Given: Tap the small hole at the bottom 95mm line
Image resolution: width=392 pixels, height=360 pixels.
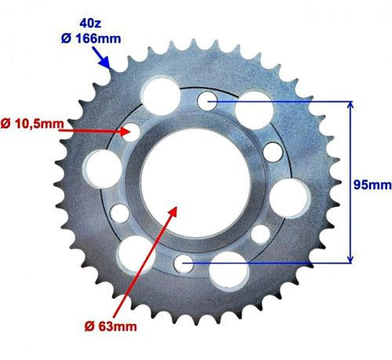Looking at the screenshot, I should [x=186, y=264].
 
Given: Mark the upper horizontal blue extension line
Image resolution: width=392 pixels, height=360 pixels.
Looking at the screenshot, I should [x=282, y=100].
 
